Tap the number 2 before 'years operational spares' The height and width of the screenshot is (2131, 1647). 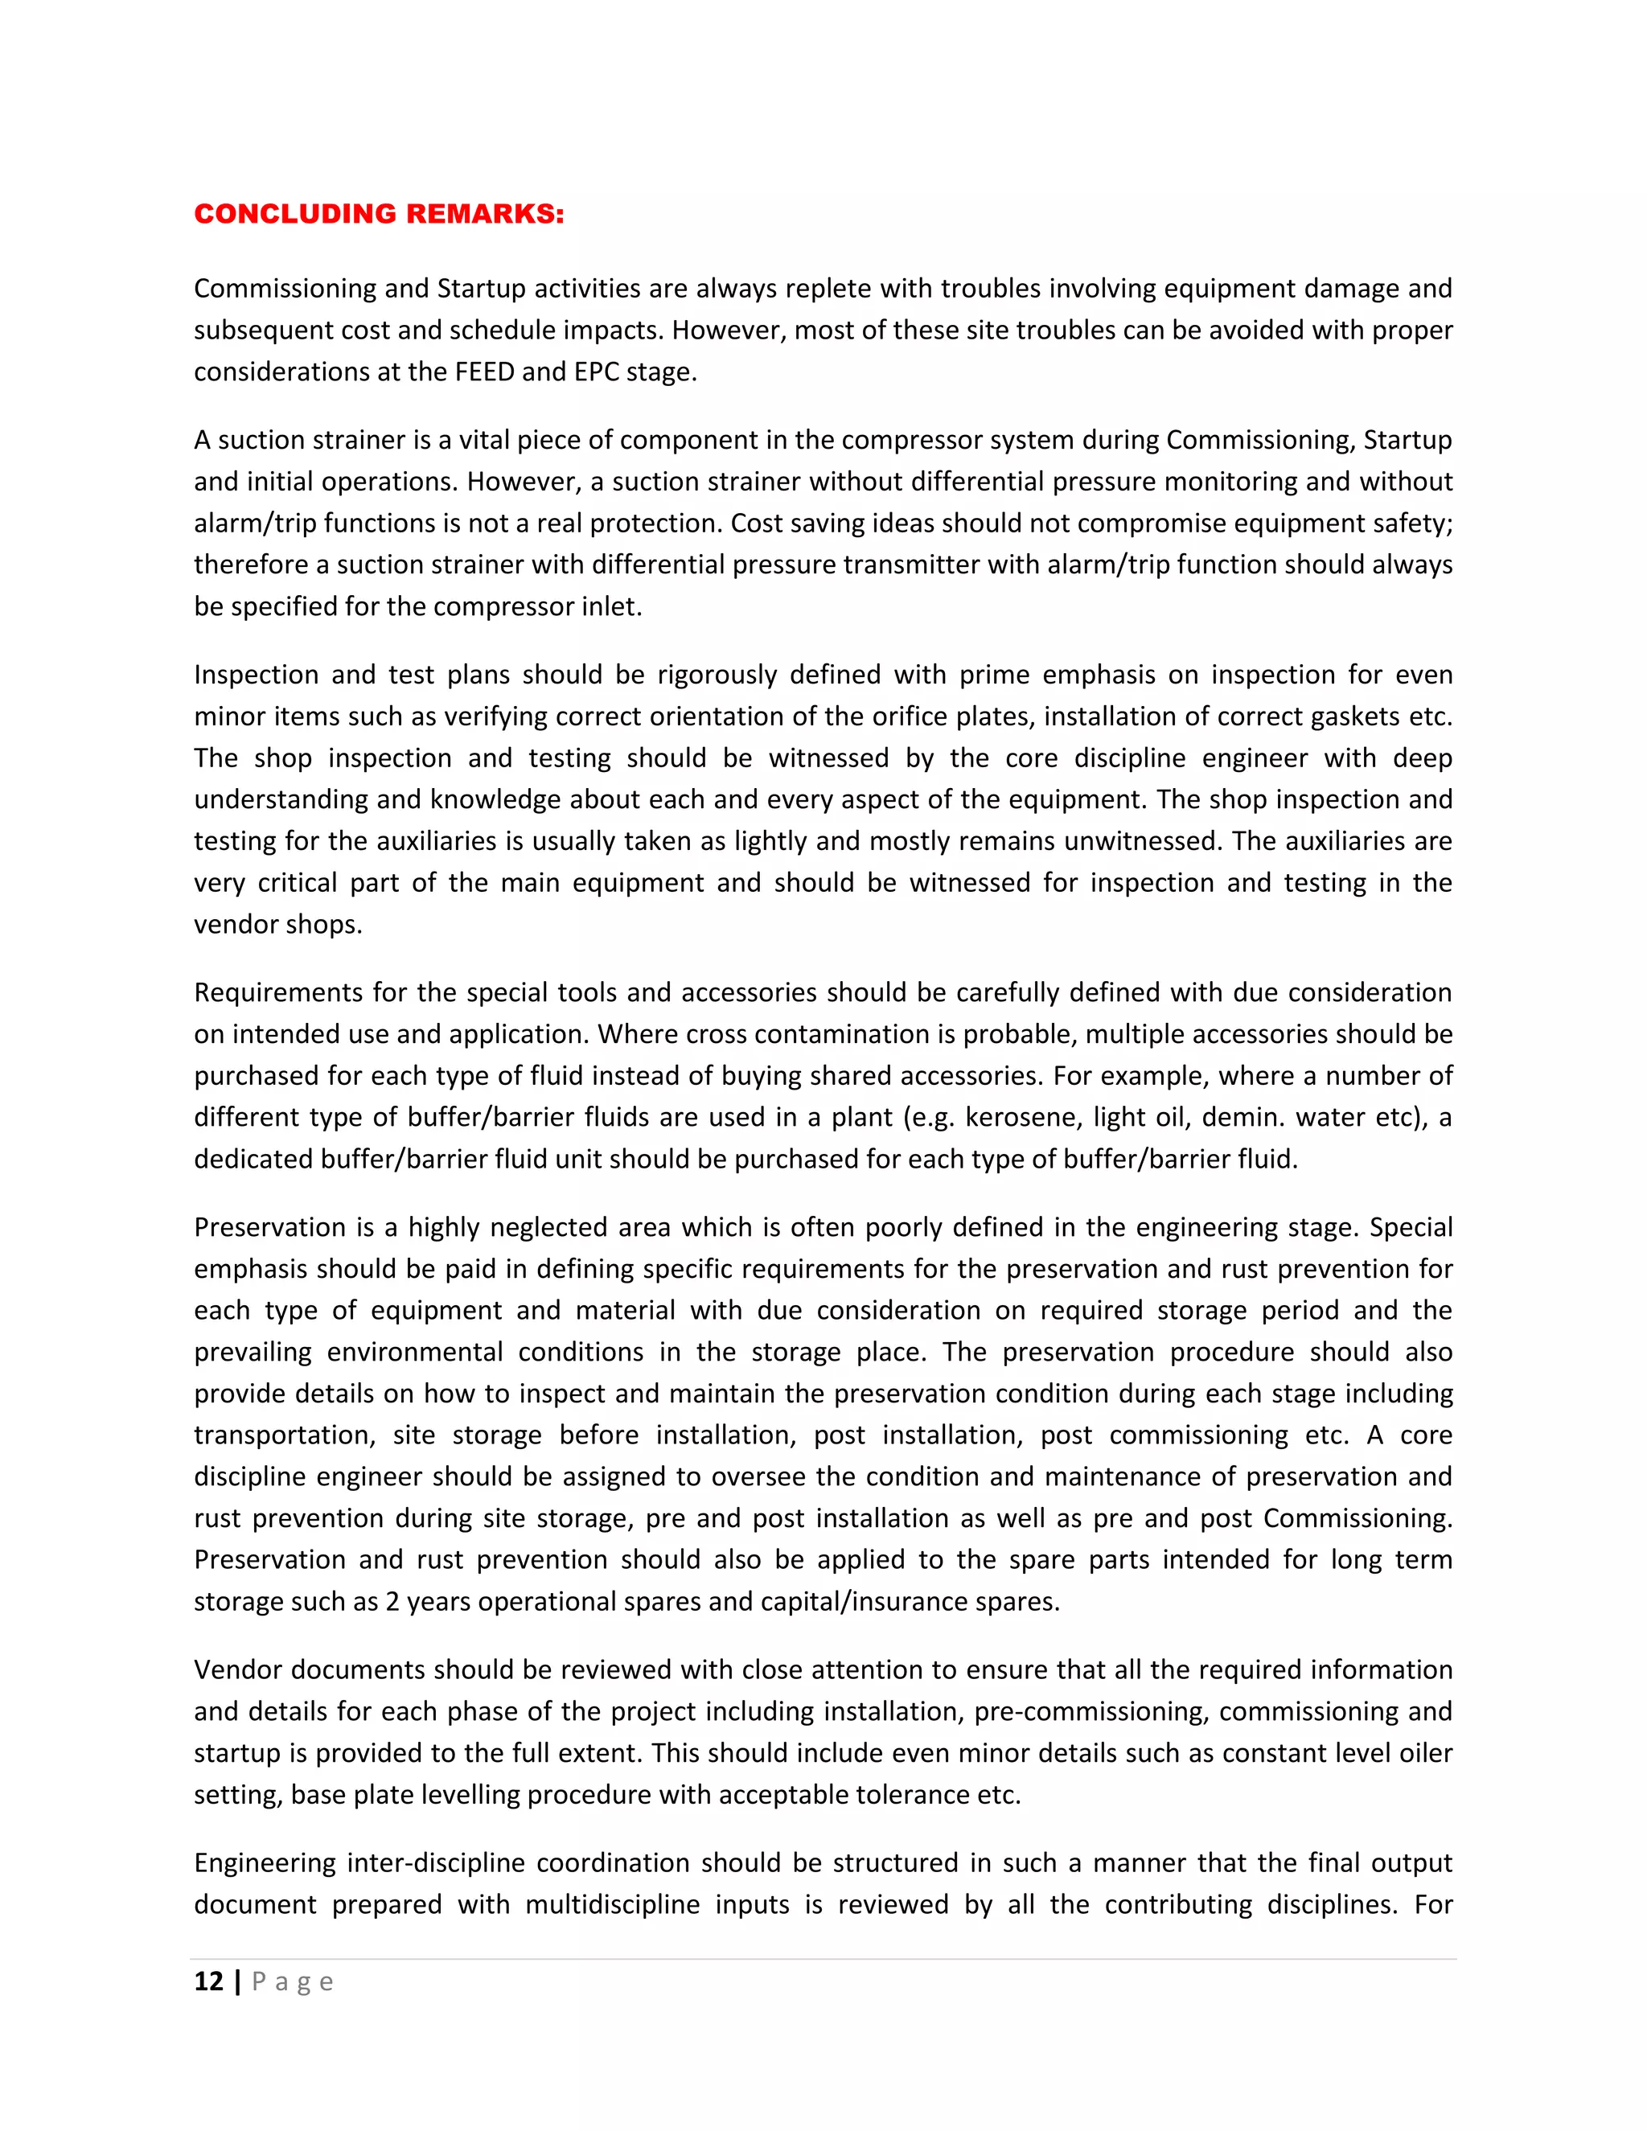[392, 1601]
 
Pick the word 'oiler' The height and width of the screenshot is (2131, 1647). [1428, 1753]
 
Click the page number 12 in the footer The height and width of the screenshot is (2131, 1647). [209, 1981]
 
